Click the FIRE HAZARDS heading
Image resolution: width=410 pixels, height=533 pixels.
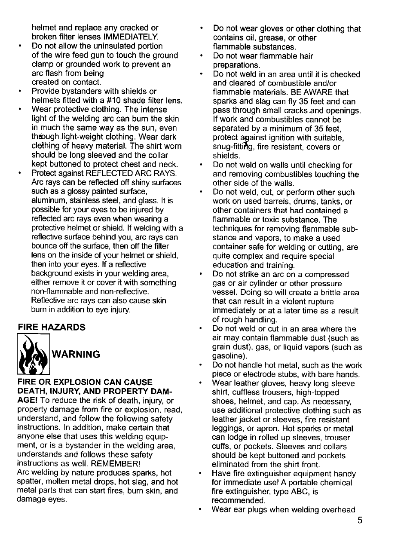coord(51,328)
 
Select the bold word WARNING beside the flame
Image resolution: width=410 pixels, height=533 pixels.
coord(76,354)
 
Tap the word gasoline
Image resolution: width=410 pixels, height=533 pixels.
coord(229,356)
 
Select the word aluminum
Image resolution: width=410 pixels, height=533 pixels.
coord(48,201)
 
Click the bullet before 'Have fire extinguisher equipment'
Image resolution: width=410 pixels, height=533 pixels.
coord(200,473)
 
